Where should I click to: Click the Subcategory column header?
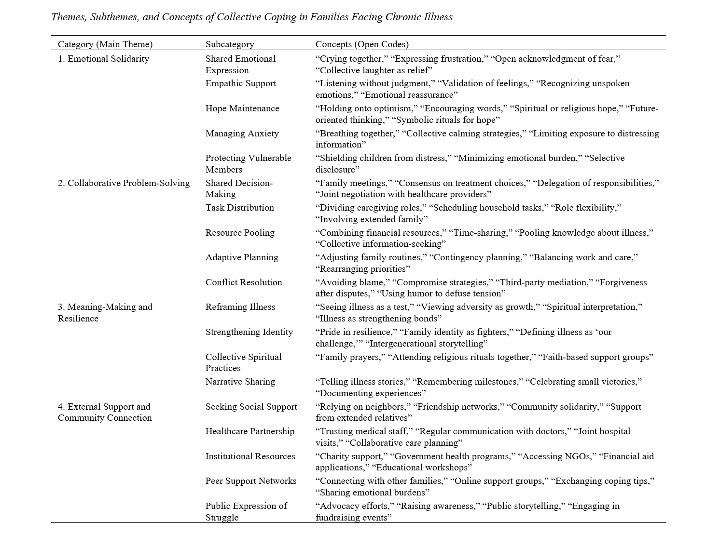point(230,44)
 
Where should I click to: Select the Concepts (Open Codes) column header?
point(362,44)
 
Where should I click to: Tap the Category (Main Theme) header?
point(105,44)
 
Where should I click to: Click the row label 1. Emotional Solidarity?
point(103,59)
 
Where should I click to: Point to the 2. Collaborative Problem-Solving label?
point(124,183)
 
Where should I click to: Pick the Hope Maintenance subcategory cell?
point(242,108)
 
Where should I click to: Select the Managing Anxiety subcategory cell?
point(242,133)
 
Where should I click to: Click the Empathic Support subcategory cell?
point(241,83)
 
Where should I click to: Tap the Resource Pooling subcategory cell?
point(240,233)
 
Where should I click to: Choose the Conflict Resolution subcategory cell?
point(244,282)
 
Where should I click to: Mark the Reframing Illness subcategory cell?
point(240,307)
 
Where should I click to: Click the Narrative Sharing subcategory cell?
point(240,382)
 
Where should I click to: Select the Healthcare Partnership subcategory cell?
point(250,431)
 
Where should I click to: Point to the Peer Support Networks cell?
point(251,481)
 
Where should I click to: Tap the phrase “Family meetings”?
point(353,183)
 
